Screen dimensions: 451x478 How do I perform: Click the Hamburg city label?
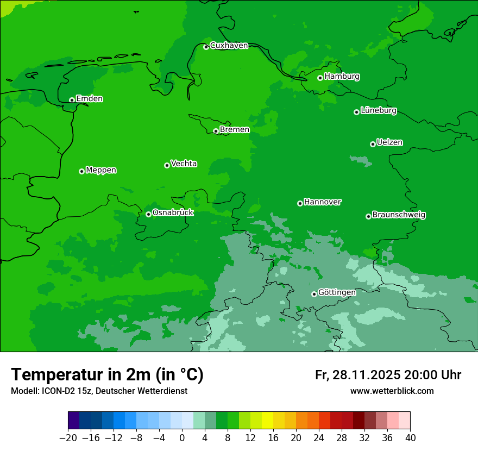[x=342, y=77]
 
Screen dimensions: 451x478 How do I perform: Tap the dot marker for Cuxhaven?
[x=206, y=47]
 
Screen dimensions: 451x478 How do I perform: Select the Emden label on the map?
[x=89, y=99]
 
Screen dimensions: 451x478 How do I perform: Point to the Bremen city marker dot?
[x=216, y=131]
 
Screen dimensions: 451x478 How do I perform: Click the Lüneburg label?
[x=378, y=111]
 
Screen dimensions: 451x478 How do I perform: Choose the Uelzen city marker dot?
[x=373, y=144]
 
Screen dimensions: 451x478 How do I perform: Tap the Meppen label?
[x=101, y=170]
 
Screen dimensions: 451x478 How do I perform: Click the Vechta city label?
[x=184, y=164]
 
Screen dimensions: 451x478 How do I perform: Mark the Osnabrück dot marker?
[x=148, y=214]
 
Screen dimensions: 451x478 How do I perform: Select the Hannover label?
[x=322, y=202]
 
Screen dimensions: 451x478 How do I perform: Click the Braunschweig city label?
[x=399, y=215]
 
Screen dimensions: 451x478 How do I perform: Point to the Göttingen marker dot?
[x=314, y=294]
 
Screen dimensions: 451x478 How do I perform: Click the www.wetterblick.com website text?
[x=392, y=391]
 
